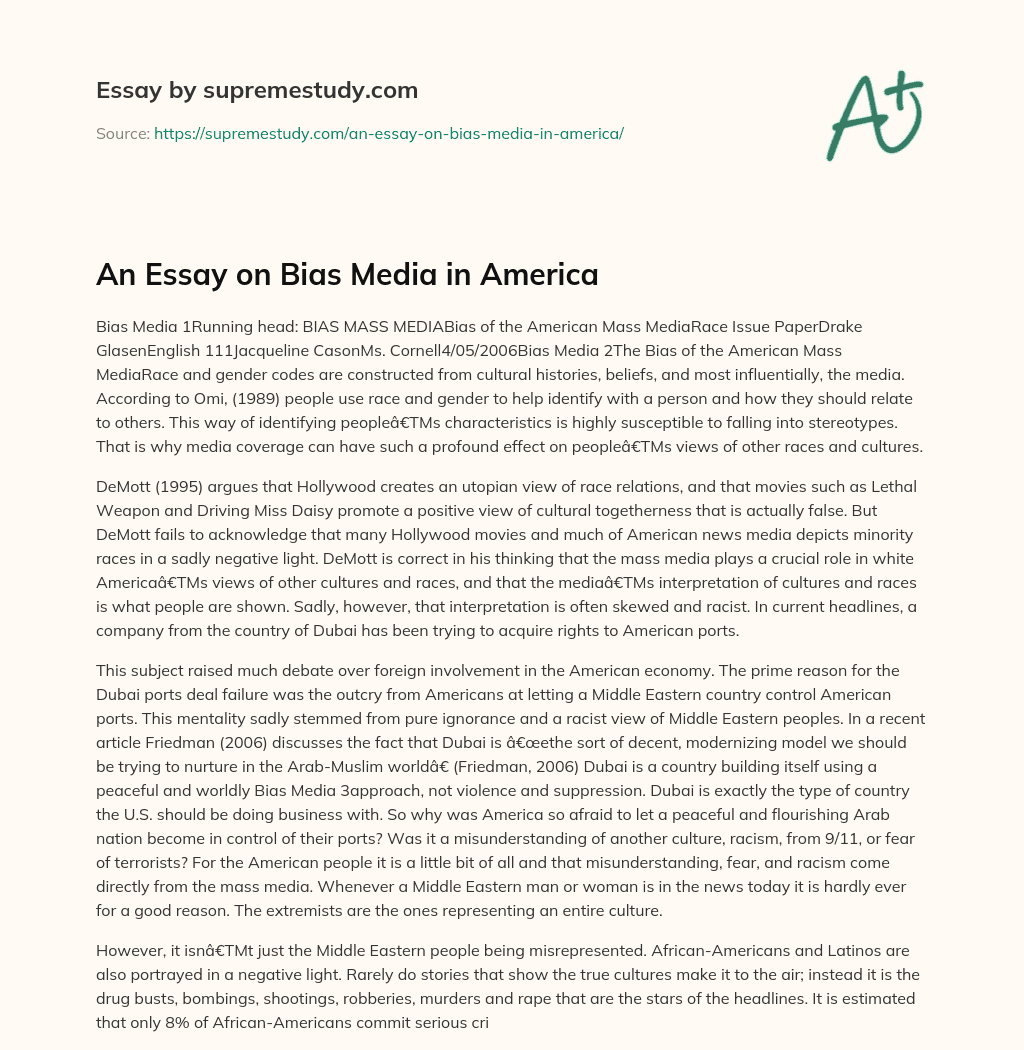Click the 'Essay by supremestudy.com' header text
click(257, 90)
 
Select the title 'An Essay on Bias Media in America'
click(347, 274)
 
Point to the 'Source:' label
click(122, 133)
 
